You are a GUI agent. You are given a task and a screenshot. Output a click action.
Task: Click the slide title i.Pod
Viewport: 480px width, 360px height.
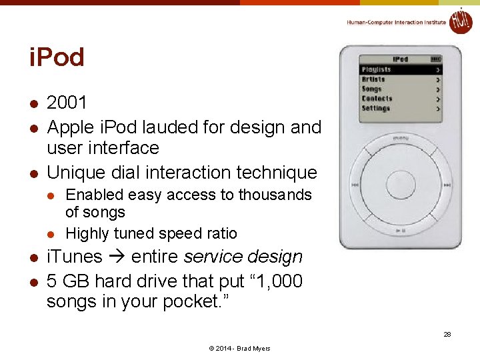(x=57, y=58)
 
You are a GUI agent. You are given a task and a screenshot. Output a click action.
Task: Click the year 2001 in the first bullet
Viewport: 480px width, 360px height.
(x=67, y=103)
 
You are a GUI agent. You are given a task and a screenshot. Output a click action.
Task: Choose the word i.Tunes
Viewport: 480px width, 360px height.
(x=75, y=257)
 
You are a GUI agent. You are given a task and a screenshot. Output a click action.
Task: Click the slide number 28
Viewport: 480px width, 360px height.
(x=447, y=334)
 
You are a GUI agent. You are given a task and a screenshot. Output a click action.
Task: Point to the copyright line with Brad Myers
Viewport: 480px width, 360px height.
(x=240, y=349)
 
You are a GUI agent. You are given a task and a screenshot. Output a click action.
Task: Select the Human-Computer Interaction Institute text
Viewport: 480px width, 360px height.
(x=396, y=23)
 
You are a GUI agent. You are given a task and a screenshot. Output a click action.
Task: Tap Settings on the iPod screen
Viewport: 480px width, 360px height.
(x=376, y=108)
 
